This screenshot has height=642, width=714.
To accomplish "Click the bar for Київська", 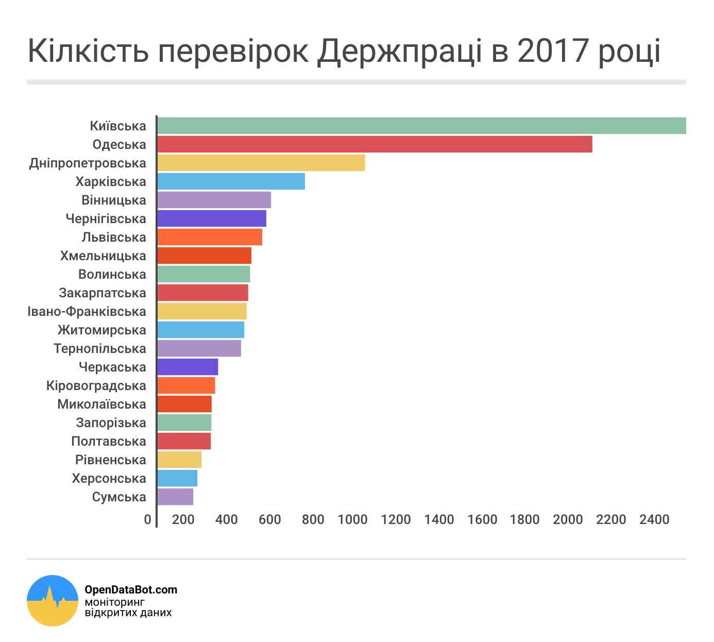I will (x=421, y=126).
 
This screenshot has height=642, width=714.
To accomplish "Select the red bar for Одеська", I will (x=375, y=144).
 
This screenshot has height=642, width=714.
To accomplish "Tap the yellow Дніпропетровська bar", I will (x=261, y=163).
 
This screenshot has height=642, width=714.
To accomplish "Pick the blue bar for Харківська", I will (x=231, y=181).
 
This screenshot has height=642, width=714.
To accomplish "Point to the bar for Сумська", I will (x=175, y=497).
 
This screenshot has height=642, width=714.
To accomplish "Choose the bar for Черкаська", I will (x=188, y=367).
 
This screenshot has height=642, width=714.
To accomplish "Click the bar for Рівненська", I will (x=179, y=460).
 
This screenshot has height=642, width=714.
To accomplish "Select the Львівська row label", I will (x=114, y=237).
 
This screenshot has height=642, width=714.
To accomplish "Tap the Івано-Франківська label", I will (x=87, y=311).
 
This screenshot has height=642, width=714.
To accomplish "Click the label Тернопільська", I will (x=100, y=348).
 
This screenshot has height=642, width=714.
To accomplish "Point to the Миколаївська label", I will (x=101, y=404).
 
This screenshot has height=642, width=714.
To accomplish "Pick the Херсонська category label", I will (x=109, y=478).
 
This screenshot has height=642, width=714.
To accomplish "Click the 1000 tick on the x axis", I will (x=352, y=519).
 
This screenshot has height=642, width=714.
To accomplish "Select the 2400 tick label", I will (x=654, y=519).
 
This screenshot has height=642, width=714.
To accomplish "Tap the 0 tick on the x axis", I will (x=148, y=519).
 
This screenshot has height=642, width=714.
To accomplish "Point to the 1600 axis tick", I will (x=482, y=519).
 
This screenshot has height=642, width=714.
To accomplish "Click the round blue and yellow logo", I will (x=53, y=600).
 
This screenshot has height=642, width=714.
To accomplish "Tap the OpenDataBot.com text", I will (x=131, y=589).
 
